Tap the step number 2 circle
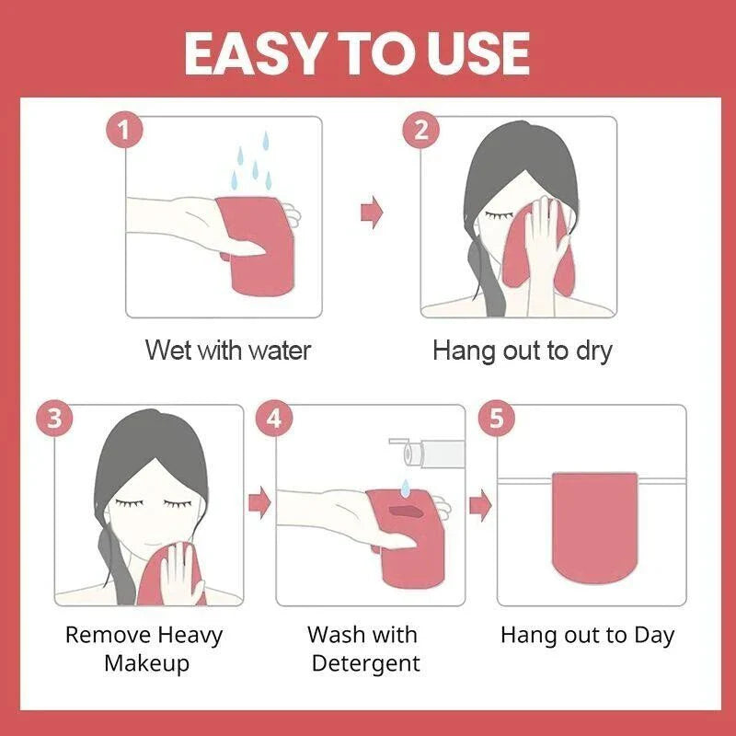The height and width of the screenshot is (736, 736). click(420, 130)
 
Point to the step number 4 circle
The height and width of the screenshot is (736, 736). click(274, 419)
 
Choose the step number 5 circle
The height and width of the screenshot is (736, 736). click(497, 419)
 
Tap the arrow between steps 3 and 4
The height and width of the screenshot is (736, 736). click(260, 502)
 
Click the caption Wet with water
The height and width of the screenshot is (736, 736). click(228, 351)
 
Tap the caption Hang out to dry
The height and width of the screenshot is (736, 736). click(522, 351)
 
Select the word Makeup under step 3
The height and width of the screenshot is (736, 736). click(146, 663)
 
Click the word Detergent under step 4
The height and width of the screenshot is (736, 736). click(365, 663)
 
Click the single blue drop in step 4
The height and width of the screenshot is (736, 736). click(404, 484)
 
